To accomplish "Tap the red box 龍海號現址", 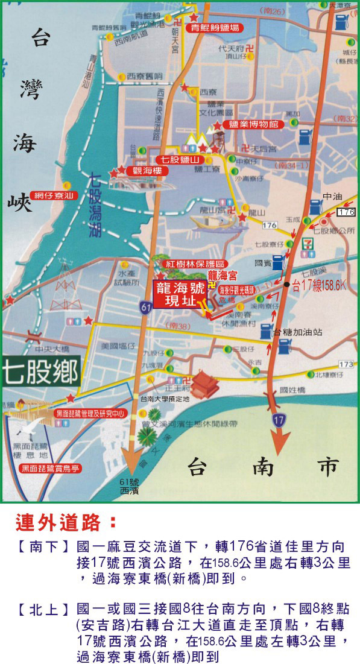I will pos(175,294).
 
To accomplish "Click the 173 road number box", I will pos(346,365).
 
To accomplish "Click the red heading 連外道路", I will pos(63,520).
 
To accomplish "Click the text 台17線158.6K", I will pos(320,283).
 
